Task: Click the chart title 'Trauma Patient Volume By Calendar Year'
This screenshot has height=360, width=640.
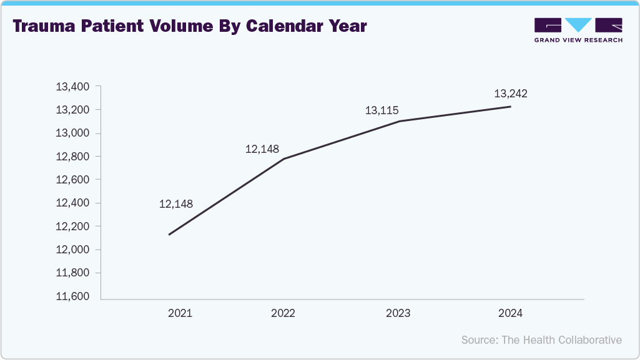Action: point(189,27)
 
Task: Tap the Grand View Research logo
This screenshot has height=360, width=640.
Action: point(578,30)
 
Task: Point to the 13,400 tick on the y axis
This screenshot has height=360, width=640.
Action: point(73,87)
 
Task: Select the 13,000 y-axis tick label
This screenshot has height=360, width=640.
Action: point(73,134)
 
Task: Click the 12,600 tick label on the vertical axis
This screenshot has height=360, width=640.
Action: point(73,180)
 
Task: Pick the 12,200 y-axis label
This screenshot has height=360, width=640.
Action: point(73,226)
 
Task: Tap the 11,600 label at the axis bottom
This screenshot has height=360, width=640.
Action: point(73,296)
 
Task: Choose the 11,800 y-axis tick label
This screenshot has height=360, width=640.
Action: point(73,273)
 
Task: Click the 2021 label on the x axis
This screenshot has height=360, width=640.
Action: point(180,313)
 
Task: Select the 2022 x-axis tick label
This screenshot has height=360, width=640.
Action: point(283,313)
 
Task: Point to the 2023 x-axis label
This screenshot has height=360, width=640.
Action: point(398,313)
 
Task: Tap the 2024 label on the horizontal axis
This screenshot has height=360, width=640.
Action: point(510,313)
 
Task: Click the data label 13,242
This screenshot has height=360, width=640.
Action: point(511,94)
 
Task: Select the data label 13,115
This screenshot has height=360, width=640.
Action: point(382,110)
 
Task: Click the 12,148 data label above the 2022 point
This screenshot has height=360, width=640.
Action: point(262,149)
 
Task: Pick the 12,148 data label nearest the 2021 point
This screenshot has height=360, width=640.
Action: point(176,204)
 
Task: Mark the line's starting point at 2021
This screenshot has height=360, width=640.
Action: point(169,235)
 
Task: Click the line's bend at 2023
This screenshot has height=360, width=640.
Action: point(400,121)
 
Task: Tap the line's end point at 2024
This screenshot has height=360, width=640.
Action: point(511,107)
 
